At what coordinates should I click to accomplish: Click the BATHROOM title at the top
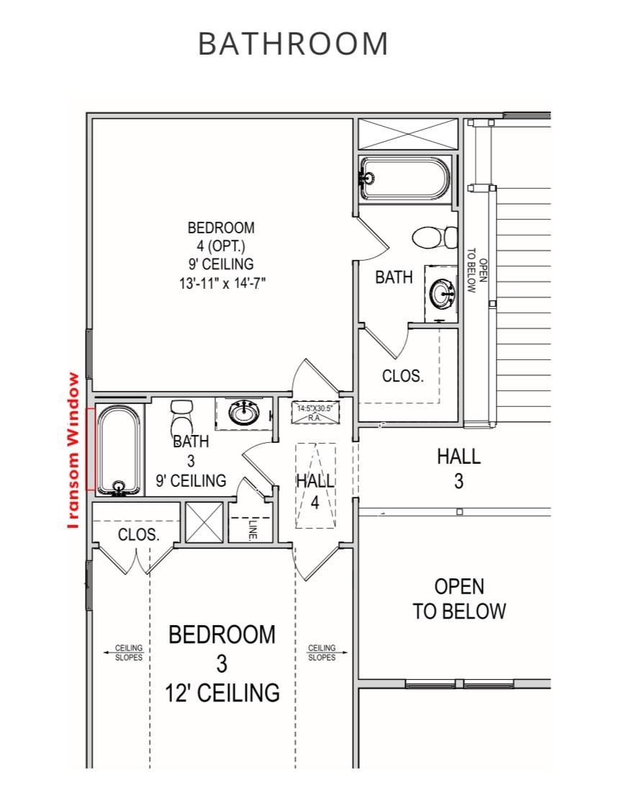tap(293, 43)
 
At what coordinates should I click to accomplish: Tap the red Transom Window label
tap(73, 450)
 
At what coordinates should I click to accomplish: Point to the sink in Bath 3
tap(243, 411)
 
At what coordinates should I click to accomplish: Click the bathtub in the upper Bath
tap(404, 179)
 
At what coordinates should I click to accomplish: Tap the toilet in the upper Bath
tap(435, 237)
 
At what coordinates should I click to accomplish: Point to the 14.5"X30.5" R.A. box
tap(315, 413)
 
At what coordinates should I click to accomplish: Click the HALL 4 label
tap(315, 491)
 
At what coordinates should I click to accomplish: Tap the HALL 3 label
tap(458, 468)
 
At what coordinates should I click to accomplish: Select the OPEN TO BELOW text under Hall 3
tap(459, 599)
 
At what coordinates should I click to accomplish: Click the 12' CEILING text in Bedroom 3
tap(222, 692)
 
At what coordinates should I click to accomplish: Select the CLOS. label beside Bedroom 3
tap(139, 534)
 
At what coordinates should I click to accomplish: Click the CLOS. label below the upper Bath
tap(403, 376)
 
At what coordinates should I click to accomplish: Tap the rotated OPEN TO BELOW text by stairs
tap(476, 270)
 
